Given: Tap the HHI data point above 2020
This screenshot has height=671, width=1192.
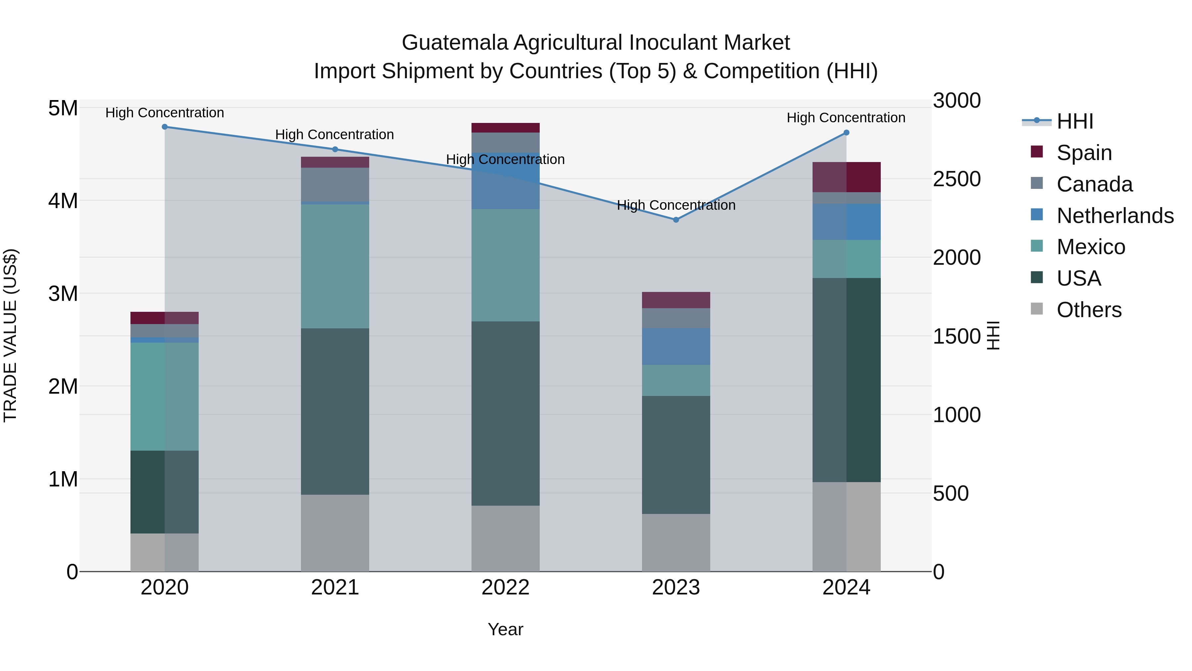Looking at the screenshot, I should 165,127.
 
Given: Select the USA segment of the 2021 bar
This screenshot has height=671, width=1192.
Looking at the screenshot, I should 335,411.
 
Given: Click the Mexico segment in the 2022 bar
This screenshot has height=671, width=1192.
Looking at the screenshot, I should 505,265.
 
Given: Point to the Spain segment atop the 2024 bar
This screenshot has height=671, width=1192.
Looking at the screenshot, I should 846,177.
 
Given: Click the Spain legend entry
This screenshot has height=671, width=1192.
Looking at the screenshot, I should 1084,152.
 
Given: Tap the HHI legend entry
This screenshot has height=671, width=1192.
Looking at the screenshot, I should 1074,121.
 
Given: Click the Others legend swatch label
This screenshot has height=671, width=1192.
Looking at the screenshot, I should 1089,309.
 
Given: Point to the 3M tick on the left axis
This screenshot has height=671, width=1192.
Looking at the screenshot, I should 63,294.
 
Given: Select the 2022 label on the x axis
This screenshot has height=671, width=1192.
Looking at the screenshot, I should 505,587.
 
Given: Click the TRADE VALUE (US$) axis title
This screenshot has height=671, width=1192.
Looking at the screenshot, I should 10,335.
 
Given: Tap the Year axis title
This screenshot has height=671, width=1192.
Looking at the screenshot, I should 505,629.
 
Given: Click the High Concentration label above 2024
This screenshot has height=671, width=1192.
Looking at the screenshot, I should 846,118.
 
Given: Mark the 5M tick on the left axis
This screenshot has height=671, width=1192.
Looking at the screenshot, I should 63,108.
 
